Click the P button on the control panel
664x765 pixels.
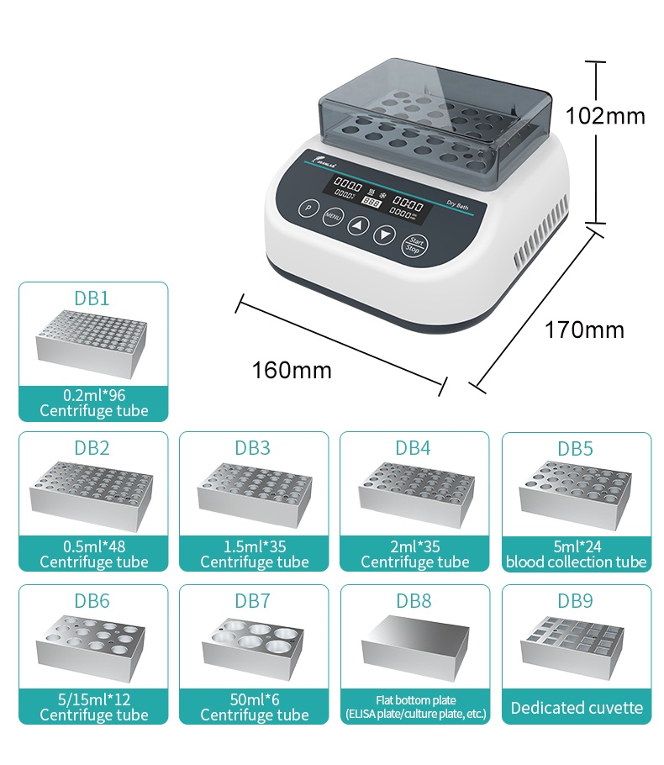coord(308,208)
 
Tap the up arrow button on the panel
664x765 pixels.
coord(358,226)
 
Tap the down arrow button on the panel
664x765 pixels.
coord(384,235)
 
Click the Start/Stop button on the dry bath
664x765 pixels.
coord(414,245)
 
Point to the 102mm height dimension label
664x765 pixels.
coord(605,115)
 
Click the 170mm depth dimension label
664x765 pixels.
coord(584,330)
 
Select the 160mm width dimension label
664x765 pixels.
coord(292,369)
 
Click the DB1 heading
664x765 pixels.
coord(92,298)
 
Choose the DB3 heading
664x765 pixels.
coord(253,447)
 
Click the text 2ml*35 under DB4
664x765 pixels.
coord(414,546)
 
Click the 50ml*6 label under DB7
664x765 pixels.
coord(254,699)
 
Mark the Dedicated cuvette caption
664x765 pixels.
coord(577,708)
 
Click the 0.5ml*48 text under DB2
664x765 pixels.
coord(93,546)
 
